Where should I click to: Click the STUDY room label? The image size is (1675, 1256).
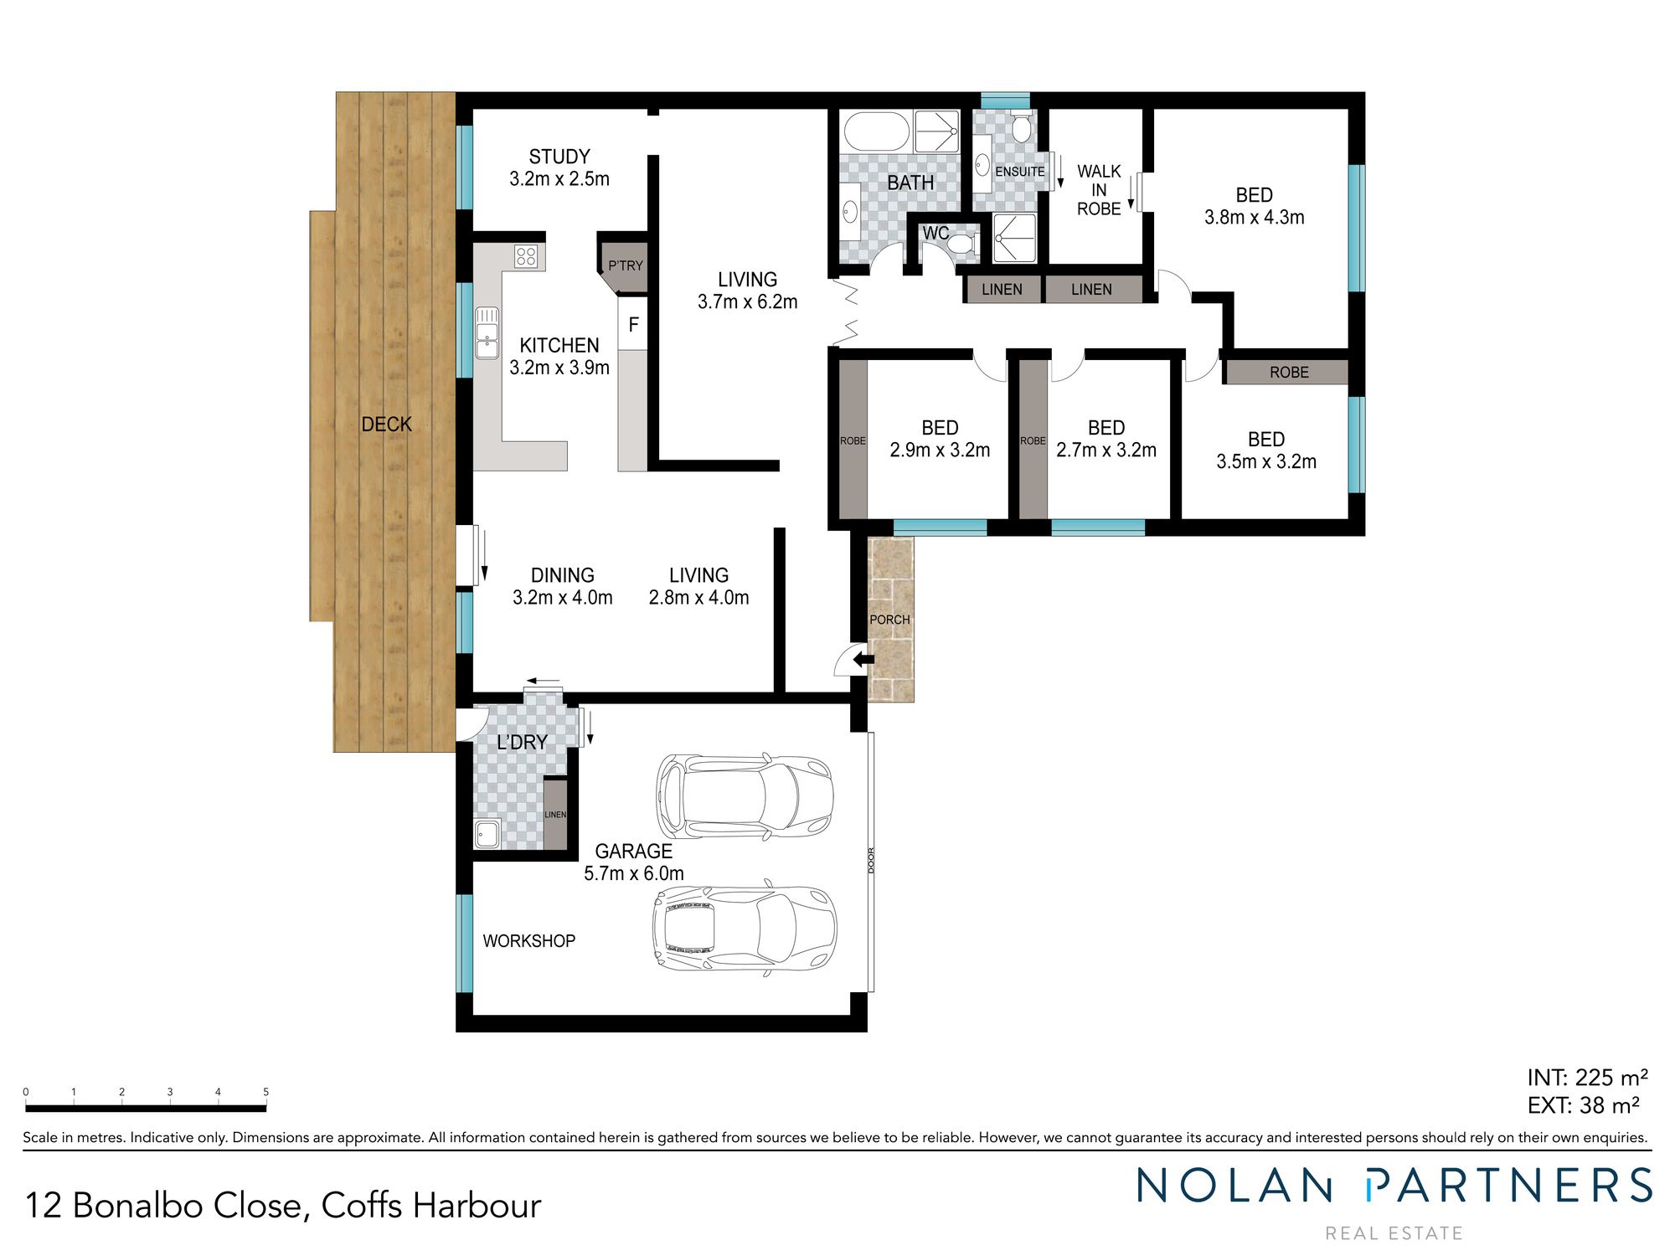coord(559,157)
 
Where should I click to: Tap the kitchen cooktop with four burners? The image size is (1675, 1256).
coord(526,255)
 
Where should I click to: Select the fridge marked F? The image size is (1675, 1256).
coord(633,324)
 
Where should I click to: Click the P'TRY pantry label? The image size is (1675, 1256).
coord(626,265)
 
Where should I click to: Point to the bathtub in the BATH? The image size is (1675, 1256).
coord(876,131)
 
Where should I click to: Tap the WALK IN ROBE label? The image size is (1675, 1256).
coord(1098,190)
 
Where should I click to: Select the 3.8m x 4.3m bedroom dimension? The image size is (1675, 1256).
coord(1254,218)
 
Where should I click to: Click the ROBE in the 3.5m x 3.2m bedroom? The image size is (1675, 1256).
coord(1288,373)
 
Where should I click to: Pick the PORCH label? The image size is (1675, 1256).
coord(889,620)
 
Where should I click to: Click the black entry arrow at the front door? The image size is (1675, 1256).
coord(862,661)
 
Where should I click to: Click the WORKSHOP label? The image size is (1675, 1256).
coord(528,941)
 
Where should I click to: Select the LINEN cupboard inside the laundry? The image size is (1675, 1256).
coord(555,815)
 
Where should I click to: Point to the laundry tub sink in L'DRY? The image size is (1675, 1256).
coord(487,834)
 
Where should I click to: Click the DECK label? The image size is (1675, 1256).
coord(386,425)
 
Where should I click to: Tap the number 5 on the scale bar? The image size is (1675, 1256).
coord(265,1092)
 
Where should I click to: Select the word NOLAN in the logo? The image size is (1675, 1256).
coord(1234,1187)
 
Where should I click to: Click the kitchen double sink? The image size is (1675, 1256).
coord(487,333)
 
